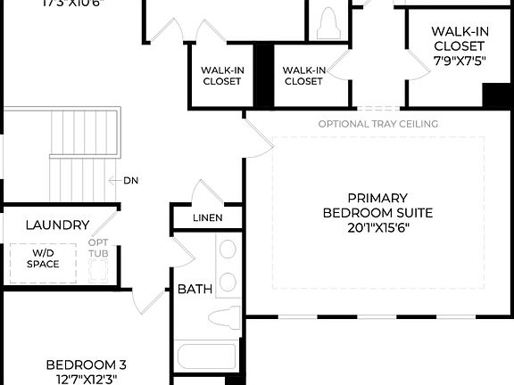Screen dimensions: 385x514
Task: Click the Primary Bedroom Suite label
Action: pyautogui.click(x=377, y=205)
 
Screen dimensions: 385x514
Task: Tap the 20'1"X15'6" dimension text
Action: pyautogui.click(x=377, y=227)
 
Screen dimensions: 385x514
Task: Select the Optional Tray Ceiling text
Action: pyautogui.click(x=377, y=124)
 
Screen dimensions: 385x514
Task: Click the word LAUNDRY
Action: pyautogui.click(x=57, y=225)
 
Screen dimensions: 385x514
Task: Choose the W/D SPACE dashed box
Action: pyautogui.click(x=43, y=260)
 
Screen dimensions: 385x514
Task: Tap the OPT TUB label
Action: pyautogui.click(x=98, y=248)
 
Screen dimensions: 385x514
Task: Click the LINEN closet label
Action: pyautogui.click(x=207, y=217)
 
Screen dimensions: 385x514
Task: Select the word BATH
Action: pyautogui.click(x=194, y=289)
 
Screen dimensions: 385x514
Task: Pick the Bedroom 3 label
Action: pyautogui.click(x=86, y=365)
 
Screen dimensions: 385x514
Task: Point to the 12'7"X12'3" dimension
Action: pyautogui.click(x=86, y=379)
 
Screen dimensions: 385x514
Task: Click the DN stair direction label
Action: pyautogui.click(x=129, y=180)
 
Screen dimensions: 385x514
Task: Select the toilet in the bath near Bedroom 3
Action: pyautogui.click(x=226, y=318)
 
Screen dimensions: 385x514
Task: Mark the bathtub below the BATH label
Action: pyautogui.click(x=206, y=358)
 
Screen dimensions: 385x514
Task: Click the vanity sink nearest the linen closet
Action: pyautogui.click(x=228, y=250)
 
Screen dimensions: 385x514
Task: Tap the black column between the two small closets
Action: pyautogui.click(x=263, y=76)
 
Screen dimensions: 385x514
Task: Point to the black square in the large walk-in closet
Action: pyautogui.click(x=495, y=94)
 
